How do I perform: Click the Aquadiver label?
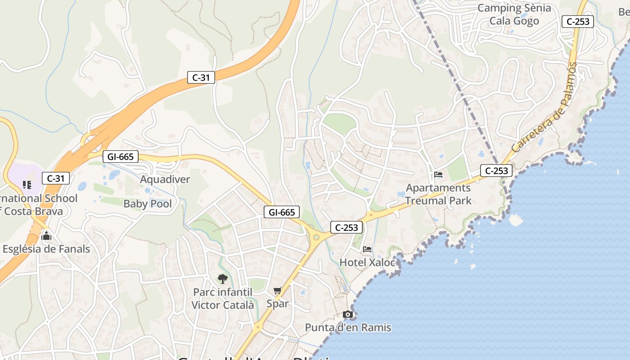pyautogui.click(x=165, y=180)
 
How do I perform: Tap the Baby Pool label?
pyautogui.click(x=148, y=204)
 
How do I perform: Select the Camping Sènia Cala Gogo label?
pyautogui.click(x=514, y=14)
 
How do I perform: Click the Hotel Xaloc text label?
pyautogui.click(x=367, y=262)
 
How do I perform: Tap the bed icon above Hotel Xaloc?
pyautogui.click(x=368, y=249)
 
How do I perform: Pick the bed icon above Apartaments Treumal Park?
pyautogui.click(x=438, y=175)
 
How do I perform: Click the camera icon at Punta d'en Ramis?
pyautogui.click(x=348, y=314)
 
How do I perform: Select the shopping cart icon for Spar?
pyautogui.click(x=278, y=291)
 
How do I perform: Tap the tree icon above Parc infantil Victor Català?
pyautogui.click(x=222, y=279)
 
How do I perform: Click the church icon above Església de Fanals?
pyautogui.click(x=46, y=236)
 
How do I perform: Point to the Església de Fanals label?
pyautogui.click(x=46, y=249)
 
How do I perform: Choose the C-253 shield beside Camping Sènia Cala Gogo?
pyautogui.click(x=578, y=21)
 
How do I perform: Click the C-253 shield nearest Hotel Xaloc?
pyautogui.click(x=346, y=227)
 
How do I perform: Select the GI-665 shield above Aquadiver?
pyautogui.click(x=120, y=157)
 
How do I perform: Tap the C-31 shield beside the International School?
pyautogui.click(x=56, y=178)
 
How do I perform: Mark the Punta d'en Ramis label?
pyautogui.click(x=348, y=328)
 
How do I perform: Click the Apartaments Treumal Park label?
pyautogui.click(x=438, y=194)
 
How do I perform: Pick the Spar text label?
pyautogui.click(x=278, y=304)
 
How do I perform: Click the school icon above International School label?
pyautogui.click(x=27, y=184)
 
